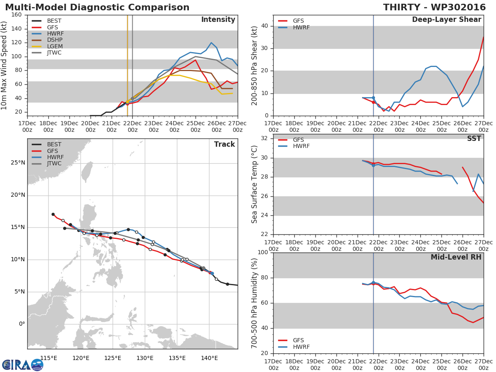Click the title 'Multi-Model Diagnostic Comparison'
coord(97,7)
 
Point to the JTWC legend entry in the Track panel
coord(54,163)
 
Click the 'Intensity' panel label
coord(218,20)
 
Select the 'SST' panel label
coord(474,139)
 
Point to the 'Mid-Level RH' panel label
coord(456,257)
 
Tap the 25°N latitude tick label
coord(17,163)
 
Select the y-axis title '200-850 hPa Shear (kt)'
coord(255,65)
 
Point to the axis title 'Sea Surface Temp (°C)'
coord(255,184)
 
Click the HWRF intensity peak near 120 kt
coord(211,43)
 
